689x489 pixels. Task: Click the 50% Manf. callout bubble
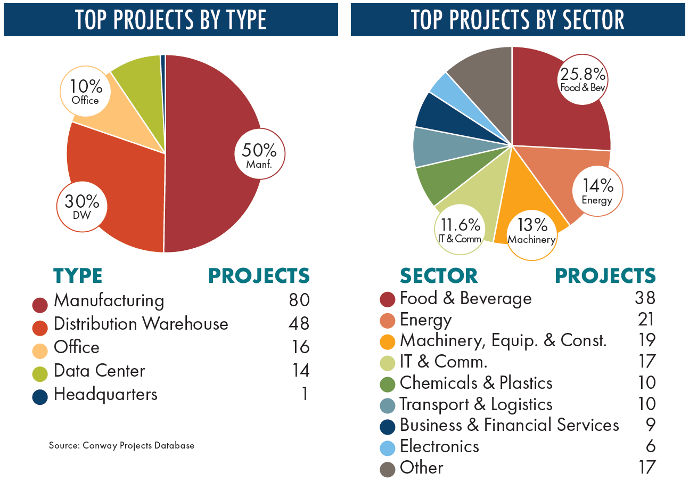pos(260,153)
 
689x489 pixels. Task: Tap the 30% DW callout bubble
pos(82,207)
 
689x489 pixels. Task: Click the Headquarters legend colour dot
pos(40,396)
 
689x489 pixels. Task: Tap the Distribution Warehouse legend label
pos(141,324)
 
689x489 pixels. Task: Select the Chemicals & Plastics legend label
pos(476,382)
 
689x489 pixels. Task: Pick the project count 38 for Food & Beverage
pos(644,298)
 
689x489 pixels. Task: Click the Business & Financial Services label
pos(509,425)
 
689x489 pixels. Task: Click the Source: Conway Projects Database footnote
pos(121,445)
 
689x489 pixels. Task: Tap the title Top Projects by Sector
pos(518,20)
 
